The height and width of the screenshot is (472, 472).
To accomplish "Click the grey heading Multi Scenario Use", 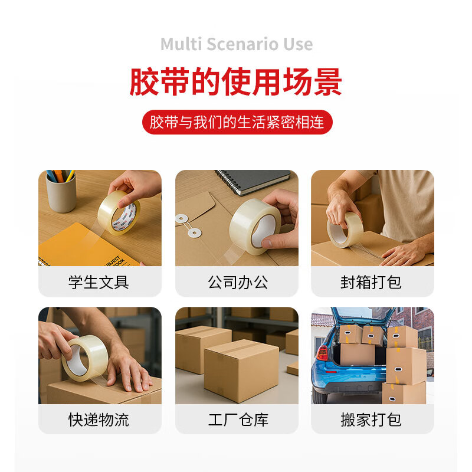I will (236, 44).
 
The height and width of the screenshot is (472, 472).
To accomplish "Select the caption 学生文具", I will (99, 282).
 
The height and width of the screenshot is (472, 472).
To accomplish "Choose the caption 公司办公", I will (237, 282).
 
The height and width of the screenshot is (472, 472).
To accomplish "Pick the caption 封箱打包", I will (372, 282).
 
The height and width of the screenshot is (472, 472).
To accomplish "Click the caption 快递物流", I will (99, 419).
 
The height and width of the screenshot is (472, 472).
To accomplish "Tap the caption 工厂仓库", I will (237, 419).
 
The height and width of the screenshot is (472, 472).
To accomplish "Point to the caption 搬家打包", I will (372, 419).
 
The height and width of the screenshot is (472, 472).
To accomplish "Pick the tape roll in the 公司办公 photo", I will (254, 226).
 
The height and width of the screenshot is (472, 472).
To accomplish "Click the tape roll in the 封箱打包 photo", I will (346, 230).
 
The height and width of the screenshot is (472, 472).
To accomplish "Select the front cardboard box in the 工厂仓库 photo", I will (241, 370).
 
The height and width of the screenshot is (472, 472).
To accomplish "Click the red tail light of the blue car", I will (322, 353).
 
